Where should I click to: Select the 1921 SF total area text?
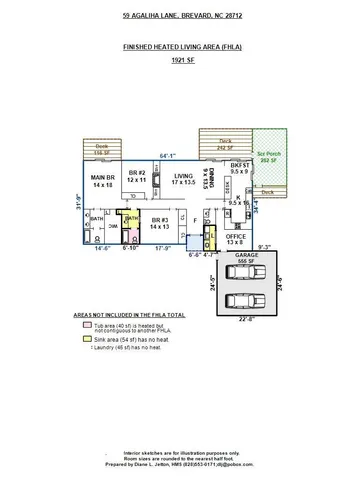point(182,61)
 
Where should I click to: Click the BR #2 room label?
point(136,176)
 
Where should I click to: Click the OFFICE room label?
point(235,239)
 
